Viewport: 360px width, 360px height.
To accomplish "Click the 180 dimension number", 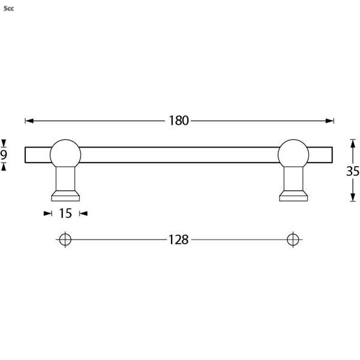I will (178, 121).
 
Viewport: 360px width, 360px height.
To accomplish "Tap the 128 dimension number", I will (178, 240).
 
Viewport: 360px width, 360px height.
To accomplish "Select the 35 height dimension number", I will (353, 171).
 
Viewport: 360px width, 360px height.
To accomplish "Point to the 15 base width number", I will (65, 213).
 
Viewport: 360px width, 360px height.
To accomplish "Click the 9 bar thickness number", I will (4, 155).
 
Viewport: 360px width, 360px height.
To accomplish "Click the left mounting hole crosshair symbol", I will (65, 239).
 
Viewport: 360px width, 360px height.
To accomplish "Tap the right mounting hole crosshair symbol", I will (293, 239).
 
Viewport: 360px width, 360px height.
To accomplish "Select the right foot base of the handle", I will (293, 196).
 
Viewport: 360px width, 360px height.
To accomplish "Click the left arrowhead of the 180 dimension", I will (28, 121).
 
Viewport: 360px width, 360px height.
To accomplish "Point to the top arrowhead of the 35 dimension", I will (353, 143).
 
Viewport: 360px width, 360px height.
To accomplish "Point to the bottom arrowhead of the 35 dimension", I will (353, 198).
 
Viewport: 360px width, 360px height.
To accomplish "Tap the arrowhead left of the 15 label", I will (47, 213).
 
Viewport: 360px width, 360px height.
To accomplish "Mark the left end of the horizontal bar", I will (26, 154).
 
